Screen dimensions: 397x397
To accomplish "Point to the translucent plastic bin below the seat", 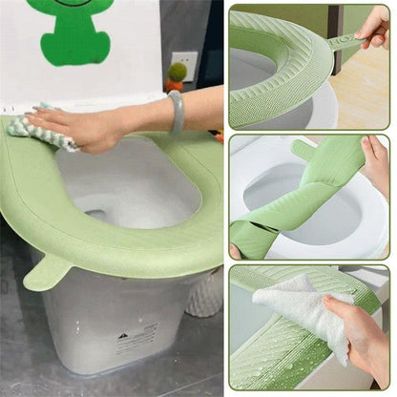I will click(105, 324).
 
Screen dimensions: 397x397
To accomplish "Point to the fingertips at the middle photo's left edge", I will click(235, 250).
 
